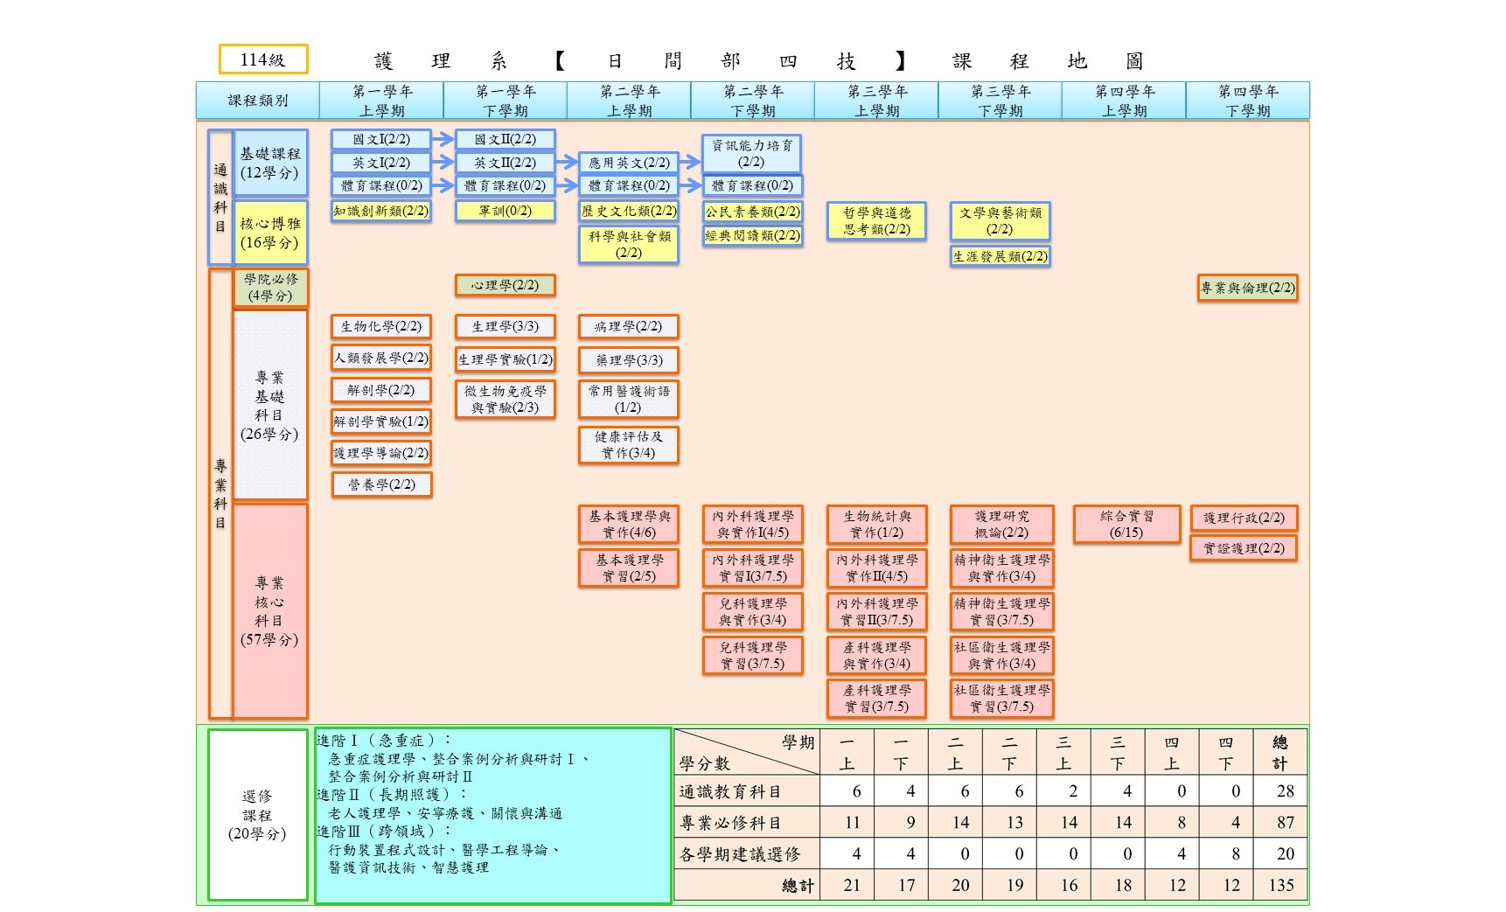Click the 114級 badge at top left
(x=263, y=59)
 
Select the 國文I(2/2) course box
(x=381, y=140)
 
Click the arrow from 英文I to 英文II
(x=443, y=163)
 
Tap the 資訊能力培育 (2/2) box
(x=751, y=154)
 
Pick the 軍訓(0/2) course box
(x=505, y=211)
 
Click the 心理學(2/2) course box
(x=505, y=285)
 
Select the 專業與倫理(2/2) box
(x=1247, y=288)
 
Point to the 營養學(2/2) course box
(x=381, y=484)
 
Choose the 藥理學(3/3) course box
(x=629, y=360)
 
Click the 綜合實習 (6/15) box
(x=1126, y=525)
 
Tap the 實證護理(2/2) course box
(x=1244, y=548)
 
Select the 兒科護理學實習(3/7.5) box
(x=752, y=656)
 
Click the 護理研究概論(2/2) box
(x=1001, y=525)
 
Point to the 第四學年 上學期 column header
(x=1124, y=101)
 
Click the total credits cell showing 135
(x=1280, y=885)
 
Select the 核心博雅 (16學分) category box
(x=270, y=233)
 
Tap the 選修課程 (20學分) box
(x=257, y=815)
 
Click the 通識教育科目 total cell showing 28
(x=1280, y=791)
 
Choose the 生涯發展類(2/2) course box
(x=1001, y=256)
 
